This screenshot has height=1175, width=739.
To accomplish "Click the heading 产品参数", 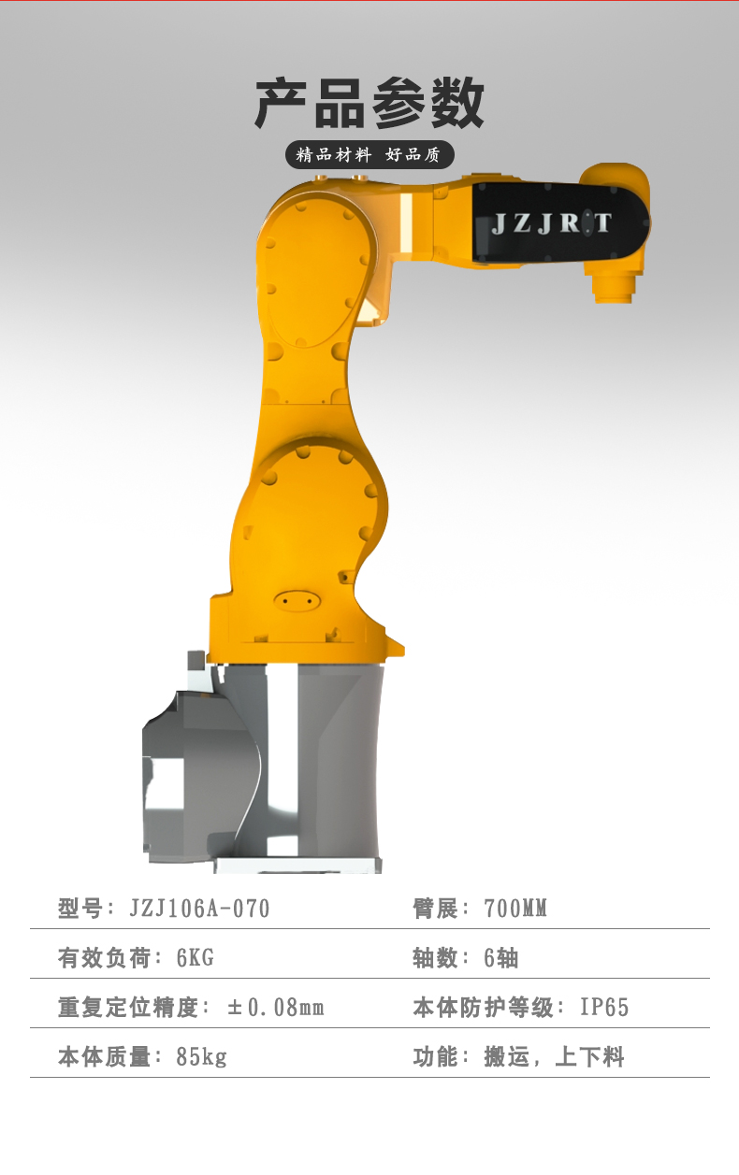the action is click(x=369, y=103).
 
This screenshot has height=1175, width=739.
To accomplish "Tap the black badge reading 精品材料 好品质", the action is click(x=369, y=155).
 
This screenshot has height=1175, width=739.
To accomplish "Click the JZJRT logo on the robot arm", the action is click(x=551, y=223).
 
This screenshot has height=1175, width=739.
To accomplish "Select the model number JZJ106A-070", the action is click(x=199, y=909).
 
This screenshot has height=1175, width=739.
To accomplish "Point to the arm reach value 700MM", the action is click(x=515, y=909).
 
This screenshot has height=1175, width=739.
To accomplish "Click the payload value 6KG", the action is click(x=196, y=958).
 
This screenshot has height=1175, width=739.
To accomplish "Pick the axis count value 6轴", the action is click(x=501, y=958).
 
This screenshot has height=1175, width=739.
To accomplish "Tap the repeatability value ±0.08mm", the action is click(x=276, y=1008).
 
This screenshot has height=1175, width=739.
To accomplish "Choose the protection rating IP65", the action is click(x=604, y=1008).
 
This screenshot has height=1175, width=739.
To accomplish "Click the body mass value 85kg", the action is click(x=201, y=1057).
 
